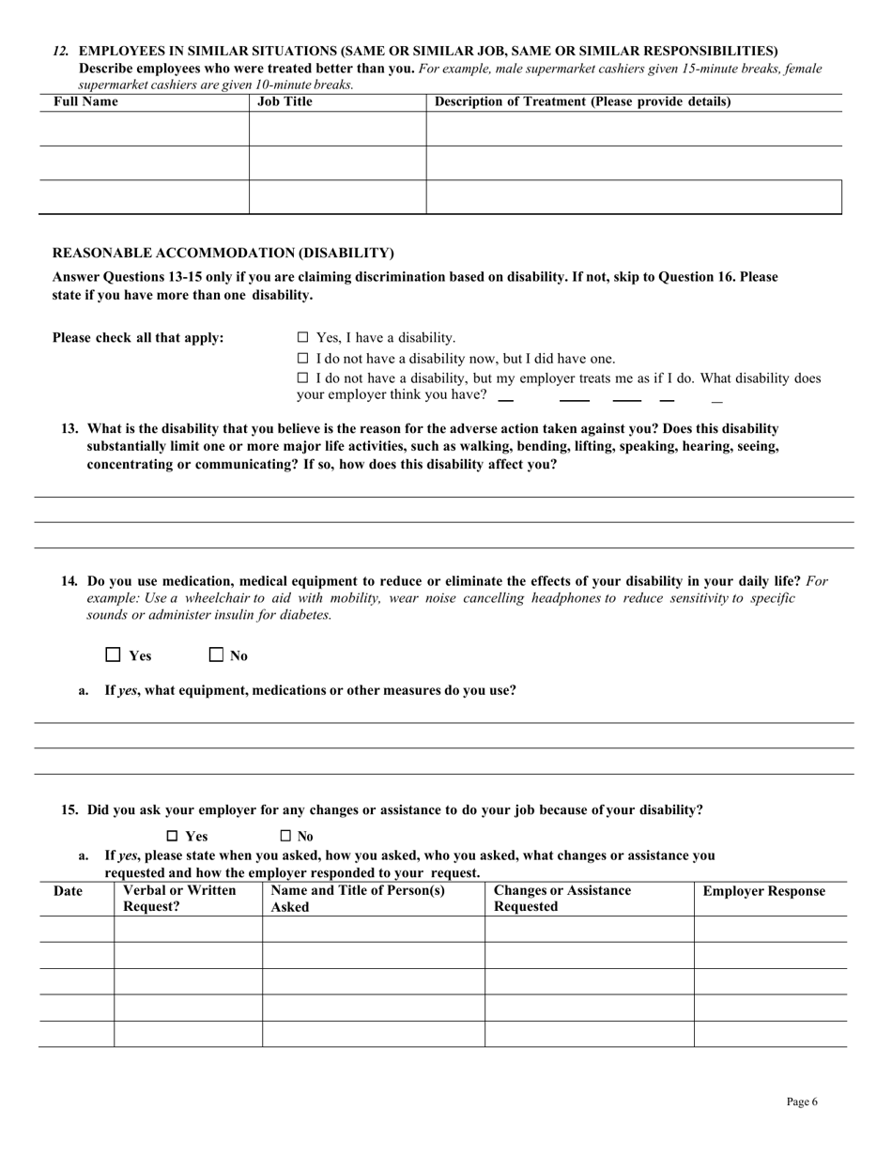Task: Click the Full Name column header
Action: [x=85, y=101]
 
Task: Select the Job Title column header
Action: [x=285, y=101]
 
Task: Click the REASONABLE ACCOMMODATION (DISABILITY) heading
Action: [x=223, y=253]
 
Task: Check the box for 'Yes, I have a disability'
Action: [x=302, y=337]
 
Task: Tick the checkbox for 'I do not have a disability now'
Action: [x=302, y=358]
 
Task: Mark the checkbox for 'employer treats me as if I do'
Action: [x=302, y=377]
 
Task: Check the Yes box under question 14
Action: [x=114, y=654]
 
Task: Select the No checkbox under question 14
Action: [x=216, y=654]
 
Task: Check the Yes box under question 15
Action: [x=172, y=836]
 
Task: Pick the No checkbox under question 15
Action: [x=285, y=836]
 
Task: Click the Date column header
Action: [x=68, y=891]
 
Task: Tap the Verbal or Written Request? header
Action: [x=179, y=899]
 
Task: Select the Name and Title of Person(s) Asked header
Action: [x=357, y=899]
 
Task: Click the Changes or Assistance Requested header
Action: [x=562, y=899]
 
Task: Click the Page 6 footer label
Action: [x=801, y=1101]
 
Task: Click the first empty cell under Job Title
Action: [x=337, y=129]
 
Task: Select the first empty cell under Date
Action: [x=76, y=929]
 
